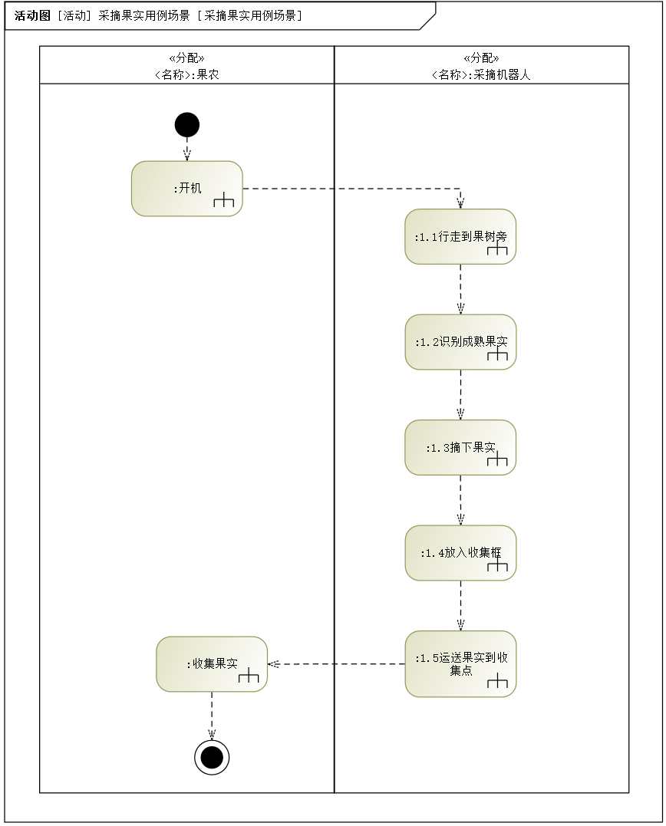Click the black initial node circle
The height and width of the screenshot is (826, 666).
point(186,124)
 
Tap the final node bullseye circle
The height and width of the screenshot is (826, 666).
point(212,758)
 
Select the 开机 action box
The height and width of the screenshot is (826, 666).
point(186,189)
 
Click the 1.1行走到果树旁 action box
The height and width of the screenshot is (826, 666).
point(460,236)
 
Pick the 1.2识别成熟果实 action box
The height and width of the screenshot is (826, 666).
point(460,342)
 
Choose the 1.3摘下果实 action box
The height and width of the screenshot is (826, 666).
point(460,447)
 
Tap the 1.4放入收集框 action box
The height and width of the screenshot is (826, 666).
point(460,552)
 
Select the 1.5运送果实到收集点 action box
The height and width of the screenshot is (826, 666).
point(460,663)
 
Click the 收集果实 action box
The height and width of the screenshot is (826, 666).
point(212,664)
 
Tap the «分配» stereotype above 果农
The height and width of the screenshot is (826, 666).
point(186,58)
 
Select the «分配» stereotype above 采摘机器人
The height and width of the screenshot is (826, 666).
point(481,58)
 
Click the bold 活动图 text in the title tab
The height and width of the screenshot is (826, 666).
point(31,15)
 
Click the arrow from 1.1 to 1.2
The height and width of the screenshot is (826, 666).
point(460,289)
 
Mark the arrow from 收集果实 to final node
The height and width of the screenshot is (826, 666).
point(212,716)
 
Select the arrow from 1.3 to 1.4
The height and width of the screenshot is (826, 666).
point(460,500)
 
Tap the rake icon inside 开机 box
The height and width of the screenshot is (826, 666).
point(223,202)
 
